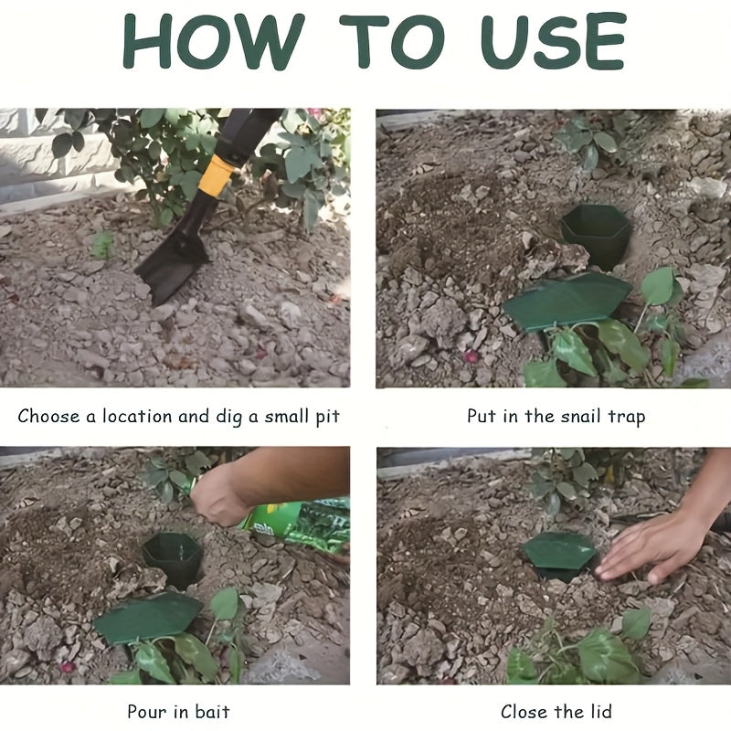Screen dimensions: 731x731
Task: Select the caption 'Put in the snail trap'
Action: click(x=556, y=417)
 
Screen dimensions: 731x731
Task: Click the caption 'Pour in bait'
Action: click(x=178, y=711)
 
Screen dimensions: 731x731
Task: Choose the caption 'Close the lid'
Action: click(x=556, y=711)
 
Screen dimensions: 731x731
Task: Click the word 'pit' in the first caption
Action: click(x=326, y=418)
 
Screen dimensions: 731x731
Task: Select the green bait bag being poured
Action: click(x=297, y=525)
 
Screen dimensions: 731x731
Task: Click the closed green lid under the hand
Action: click(x=557, y=551)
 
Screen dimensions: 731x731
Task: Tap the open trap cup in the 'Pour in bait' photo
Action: click(x=172, y=557)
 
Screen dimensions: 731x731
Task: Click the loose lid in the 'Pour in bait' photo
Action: click(x=148, y=618)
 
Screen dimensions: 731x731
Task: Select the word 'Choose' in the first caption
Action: click(x=49, y=417)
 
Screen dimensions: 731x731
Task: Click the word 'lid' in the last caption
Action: click(x=597, y=711)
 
